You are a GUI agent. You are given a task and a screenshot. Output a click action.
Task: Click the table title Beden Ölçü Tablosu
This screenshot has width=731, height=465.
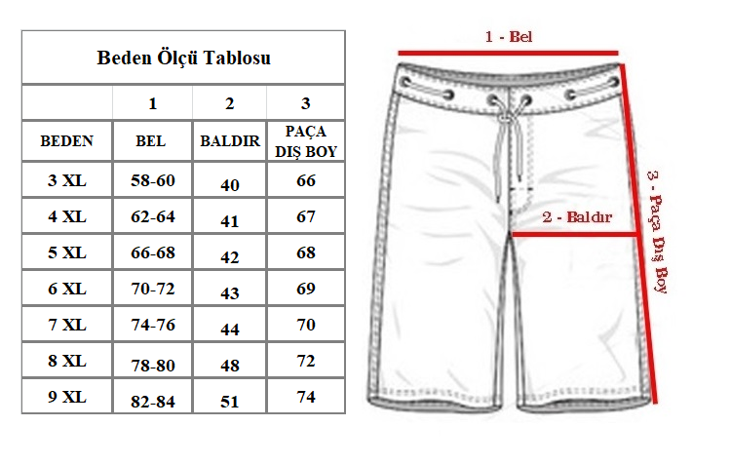tap(183, 58)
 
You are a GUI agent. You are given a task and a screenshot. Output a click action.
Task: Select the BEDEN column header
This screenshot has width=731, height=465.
tap(66, 140)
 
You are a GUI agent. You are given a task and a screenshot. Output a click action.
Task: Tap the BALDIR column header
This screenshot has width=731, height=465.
tap(230, 140)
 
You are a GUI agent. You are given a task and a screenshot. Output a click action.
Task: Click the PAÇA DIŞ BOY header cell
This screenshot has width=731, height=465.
tap(306, 141)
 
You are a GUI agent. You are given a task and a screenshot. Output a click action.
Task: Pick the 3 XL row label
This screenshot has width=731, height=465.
tap(67, 180)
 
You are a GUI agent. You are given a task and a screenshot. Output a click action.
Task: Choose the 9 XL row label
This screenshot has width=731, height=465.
tap(67, 397)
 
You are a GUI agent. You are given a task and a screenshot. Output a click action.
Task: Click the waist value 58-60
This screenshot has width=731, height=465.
tap(153, 180)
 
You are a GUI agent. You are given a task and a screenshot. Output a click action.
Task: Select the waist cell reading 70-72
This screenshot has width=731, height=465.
tap(153, 289)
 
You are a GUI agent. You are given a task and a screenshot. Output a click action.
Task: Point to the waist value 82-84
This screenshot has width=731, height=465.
tap(153, 402)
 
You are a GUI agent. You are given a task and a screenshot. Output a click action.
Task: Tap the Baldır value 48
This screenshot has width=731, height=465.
tap(230, 366)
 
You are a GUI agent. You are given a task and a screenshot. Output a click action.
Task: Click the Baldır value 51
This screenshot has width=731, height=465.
tap(230, 402)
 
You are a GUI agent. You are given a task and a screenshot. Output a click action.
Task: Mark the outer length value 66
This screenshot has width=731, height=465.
tap(306, 180)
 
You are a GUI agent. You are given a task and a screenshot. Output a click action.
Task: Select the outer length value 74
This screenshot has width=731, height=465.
tap(306, 397)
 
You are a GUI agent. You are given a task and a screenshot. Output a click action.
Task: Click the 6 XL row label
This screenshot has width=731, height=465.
tap(67, 289)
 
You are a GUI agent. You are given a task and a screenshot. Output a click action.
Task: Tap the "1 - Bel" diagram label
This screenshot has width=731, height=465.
tap(509, 36)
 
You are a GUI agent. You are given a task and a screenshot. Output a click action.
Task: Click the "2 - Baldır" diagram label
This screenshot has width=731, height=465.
tap(577, 216)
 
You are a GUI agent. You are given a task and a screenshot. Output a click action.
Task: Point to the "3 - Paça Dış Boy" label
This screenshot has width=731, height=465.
tap(658, 232)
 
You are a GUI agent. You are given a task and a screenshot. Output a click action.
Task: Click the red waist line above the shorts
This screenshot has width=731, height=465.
tap(508, 53)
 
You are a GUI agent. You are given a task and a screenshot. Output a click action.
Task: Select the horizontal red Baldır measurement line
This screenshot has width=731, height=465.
tap(575, 234)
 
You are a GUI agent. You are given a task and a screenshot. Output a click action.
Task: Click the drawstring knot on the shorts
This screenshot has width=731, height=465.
tap(505, 118)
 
